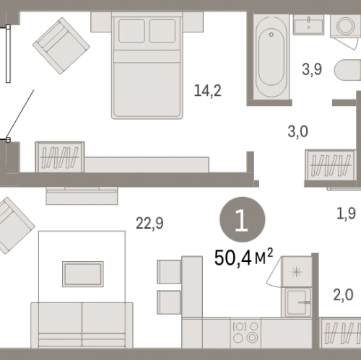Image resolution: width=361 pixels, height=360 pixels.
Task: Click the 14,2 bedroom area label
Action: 207,91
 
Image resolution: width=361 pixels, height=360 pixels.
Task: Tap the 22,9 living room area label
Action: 149,223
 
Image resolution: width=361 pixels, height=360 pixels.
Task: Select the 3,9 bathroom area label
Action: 312,69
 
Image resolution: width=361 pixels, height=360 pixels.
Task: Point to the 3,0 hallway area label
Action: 297,132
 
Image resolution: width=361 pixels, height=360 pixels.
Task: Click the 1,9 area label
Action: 346,214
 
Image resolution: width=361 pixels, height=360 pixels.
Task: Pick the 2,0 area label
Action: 343,295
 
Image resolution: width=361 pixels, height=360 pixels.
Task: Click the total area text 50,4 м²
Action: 243,258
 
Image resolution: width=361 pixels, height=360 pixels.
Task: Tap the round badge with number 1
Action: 243,219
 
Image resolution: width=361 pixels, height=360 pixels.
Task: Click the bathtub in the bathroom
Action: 271,57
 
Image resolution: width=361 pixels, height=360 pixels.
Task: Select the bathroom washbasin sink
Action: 308,25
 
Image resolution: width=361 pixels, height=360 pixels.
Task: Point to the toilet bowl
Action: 347,70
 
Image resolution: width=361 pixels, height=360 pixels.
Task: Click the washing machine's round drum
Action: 345,25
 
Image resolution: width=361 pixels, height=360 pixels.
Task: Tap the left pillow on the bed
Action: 131,31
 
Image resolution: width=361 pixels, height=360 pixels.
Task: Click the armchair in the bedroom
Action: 61,45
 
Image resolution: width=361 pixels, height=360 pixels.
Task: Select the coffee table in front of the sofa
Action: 83,274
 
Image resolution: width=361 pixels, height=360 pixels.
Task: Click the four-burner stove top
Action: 245,333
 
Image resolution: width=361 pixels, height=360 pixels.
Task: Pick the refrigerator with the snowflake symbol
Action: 297,272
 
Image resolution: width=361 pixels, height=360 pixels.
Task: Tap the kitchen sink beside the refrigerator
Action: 297,302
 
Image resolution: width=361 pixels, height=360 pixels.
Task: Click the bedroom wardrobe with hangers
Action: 60,157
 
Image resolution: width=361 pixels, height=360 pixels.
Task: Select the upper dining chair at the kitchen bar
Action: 169,272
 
